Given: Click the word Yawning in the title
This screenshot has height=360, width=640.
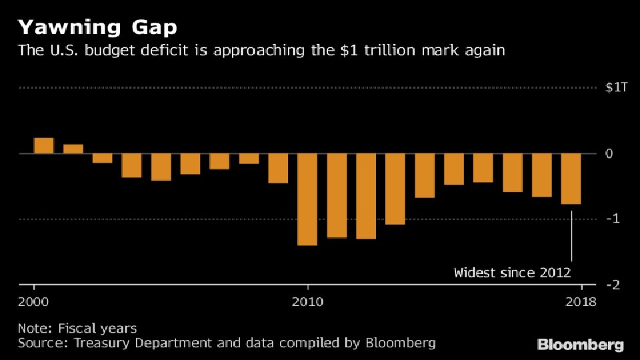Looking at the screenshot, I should (x=62, y=28).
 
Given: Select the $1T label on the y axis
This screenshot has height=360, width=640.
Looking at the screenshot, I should (x=616, y=89).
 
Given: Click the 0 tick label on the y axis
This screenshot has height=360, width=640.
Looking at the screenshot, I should (x=608, y=154).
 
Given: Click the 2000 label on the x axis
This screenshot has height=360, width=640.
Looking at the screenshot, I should (x=33, y=302).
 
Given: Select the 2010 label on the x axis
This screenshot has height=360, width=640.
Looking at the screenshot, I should (x=307, y=302).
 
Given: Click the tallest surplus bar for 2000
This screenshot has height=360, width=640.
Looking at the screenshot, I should (x=43, y=146).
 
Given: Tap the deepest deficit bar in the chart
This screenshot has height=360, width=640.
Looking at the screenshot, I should (x=307, y=199).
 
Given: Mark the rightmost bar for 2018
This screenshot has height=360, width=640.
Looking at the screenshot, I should (x=571, y=179).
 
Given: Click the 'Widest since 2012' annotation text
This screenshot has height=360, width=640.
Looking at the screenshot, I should (x=512, y=272).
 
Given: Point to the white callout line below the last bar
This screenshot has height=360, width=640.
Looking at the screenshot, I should (x=572, y=237).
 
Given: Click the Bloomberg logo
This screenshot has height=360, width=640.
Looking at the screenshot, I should (x=581, y=345).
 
